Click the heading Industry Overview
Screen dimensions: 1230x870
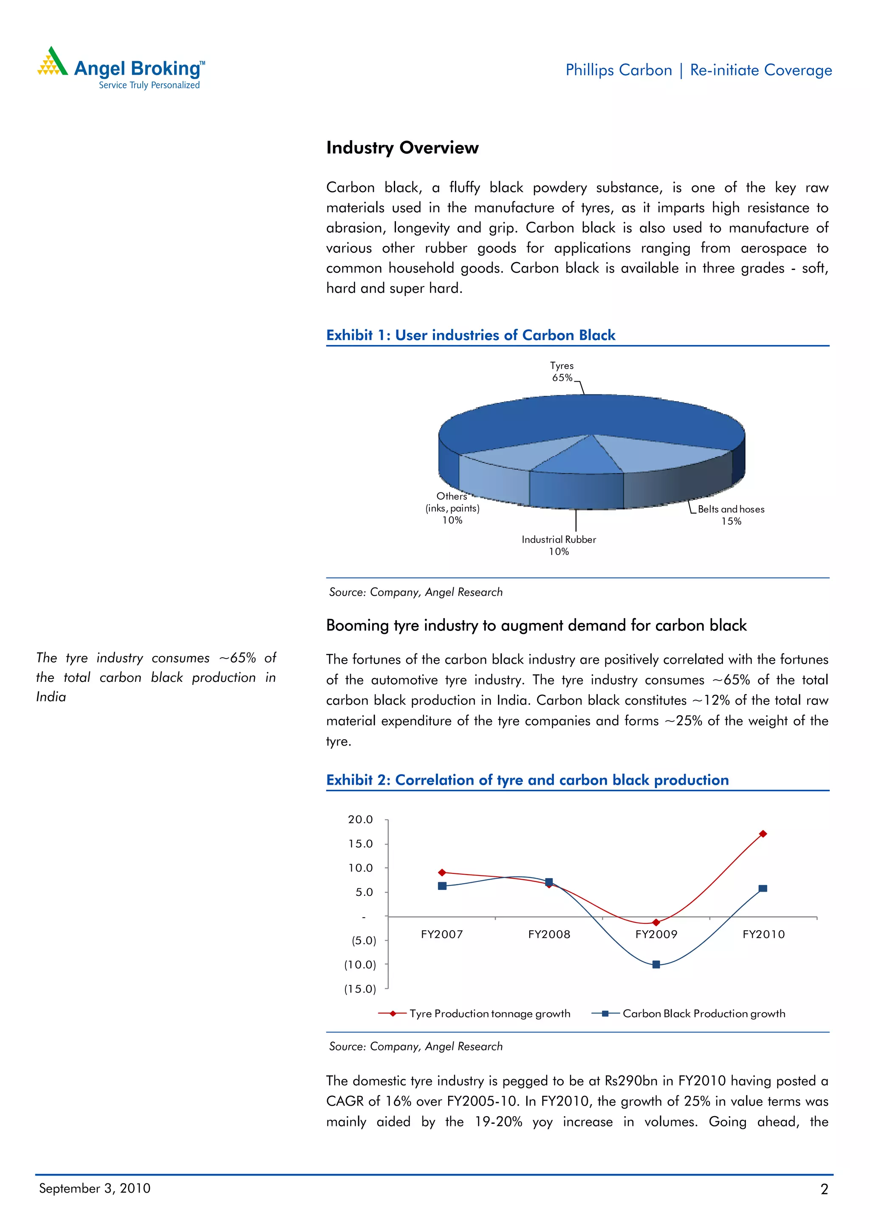coord(402,148)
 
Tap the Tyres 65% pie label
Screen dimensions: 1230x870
coord(561,371)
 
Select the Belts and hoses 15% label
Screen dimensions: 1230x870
coord(731,515)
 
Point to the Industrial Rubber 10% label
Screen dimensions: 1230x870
coord(559,545)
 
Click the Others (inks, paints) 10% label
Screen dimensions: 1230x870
coord(452,508)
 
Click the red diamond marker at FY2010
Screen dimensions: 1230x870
coord(763,833)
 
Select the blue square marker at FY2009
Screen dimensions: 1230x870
coord(656,964)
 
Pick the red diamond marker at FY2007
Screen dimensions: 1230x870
coord(442,873)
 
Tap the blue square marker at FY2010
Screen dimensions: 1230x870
coord(763,888)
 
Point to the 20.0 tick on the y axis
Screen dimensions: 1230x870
coord(360,819)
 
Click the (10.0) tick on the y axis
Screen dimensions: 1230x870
coord(360,964)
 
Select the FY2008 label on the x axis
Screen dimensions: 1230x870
coord(549,934)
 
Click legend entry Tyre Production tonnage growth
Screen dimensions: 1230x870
coord(489,1013)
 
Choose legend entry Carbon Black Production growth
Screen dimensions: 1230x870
coord(703,1013)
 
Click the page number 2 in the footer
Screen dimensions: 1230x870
coord(824,1189)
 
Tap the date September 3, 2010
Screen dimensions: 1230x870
coord(95,1188)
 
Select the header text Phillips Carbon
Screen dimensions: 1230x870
coord(618,70)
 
